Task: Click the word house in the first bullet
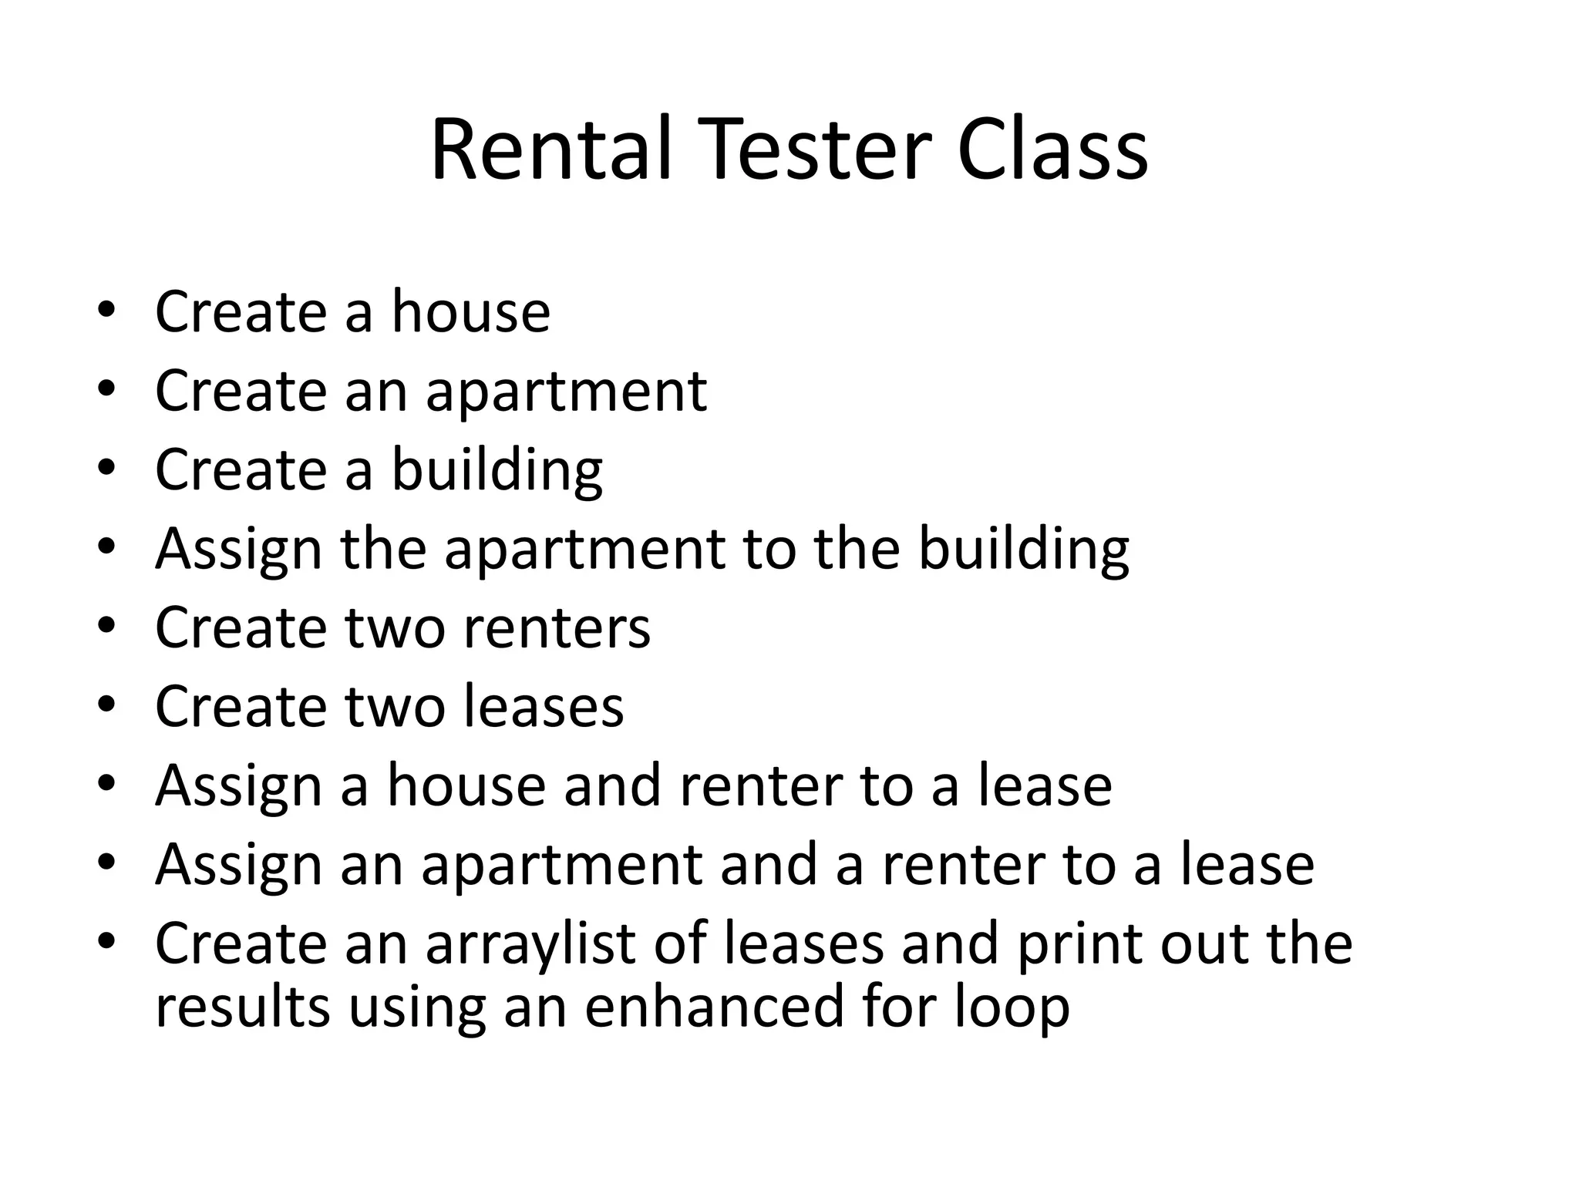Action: point(471,311)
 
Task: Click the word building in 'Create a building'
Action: point(497,470)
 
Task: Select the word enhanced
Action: point(713,1007)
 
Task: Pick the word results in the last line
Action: point(242,1007)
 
